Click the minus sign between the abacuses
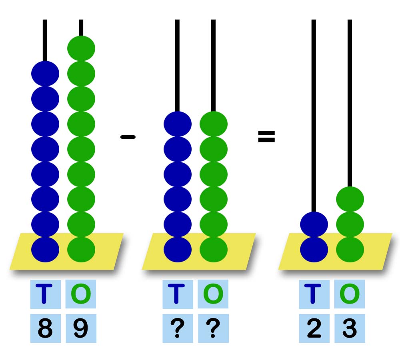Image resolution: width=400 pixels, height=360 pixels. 128,137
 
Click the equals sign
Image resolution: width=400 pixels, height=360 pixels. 266,137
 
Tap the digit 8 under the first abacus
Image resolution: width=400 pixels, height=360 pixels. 45,329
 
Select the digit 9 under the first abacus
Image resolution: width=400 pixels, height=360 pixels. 81,329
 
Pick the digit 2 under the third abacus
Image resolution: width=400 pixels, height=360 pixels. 314,329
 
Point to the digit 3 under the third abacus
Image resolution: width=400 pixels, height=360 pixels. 350,329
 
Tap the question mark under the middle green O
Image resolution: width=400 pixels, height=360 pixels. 213,329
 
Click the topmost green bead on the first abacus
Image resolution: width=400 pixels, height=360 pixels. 81,48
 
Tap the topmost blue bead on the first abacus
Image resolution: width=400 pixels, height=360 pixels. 45,74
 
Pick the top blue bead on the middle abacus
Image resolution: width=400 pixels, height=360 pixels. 178,124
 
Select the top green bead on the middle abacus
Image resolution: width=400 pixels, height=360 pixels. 214,124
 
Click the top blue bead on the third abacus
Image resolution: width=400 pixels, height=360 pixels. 314,224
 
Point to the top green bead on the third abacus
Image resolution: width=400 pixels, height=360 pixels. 350,199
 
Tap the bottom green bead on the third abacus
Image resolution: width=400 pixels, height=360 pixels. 350,249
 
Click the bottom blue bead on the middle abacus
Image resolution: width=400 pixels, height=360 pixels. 178,249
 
